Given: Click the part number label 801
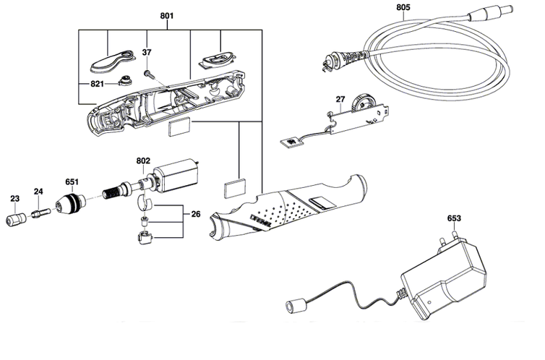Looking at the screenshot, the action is (167, 16).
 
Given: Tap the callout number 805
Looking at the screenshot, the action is (403, 7).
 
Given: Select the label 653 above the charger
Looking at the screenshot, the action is (454, 218).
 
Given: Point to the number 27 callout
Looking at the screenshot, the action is (340, 99).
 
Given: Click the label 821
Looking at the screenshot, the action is (97, 84).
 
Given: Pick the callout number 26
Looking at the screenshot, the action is (196, 214).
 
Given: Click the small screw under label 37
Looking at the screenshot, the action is (148, 73).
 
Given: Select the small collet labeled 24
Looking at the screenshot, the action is (40, 213).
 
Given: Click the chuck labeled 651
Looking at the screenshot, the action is (71, 203).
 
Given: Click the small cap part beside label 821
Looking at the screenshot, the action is (125, 81).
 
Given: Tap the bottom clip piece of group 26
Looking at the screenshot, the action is (145, 238).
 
